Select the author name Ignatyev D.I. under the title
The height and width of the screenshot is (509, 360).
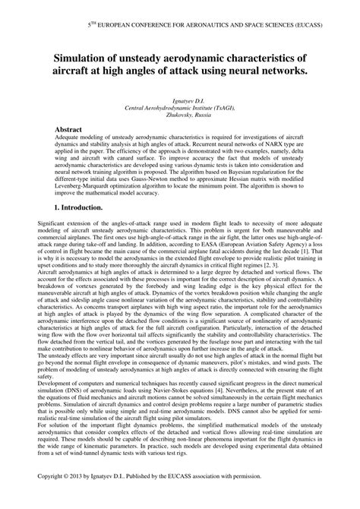pyautogui.click(x=180, y=102)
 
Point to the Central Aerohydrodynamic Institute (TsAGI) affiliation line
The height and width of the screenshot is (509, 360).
pyautogui.click(x=180, y=109)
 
